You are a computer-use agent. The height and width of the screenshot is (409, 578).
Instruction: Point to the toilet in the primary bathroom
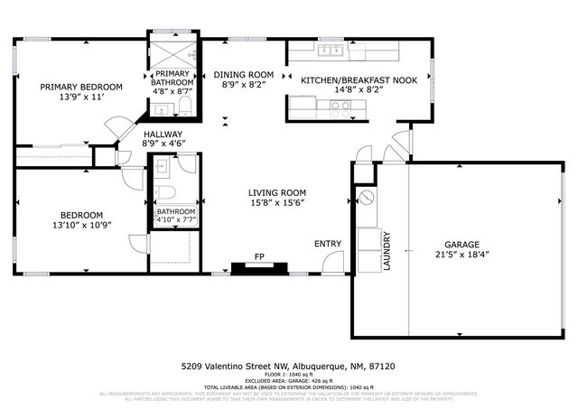185,107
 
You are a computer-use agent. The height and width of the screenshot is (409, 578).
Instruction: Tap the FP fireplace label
259,256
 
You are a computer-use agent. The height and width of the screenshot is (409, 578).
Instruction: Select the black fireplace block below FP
259,267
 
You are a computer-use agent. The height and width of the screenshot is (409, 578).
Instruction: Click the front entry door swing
333,262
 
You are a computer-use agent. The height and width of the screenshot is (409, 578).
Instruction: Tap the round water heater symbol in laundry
368,197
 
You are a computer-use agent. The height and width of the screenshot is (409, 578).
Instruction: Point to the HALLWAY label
163,134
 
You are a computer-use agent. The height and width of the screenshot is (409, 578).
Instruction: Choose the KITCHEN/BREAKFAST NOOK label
359,79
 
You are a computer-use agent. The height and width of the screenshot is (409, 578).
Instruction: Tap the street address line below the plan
288,367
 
